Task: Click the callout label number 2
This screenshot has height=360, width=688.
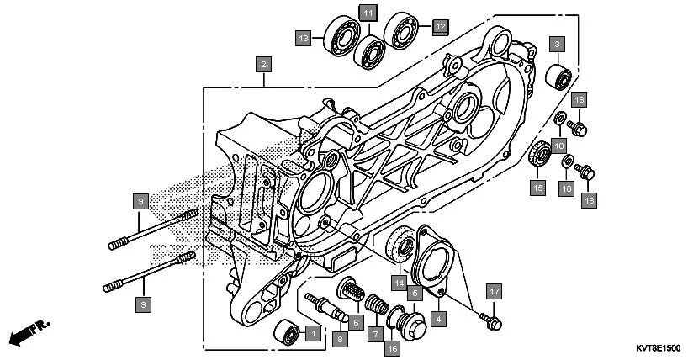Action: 264,63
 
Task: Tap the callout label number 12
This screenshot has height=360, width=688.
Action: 440,26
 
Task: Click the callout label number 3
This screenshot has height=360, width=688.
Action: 558,43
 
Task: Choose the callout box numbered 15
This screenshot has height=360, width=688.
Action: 537,187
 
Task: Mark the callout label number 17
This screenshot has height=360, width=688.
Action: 495,291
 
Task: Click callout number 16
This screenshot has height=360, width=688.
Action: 392,347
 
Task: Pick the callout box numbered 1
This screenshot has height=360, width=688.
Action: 312,334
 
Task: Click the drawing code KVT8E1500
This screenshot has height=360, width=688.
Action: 653,346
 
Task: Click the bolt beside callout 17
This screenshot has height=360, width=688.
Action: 491,321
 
